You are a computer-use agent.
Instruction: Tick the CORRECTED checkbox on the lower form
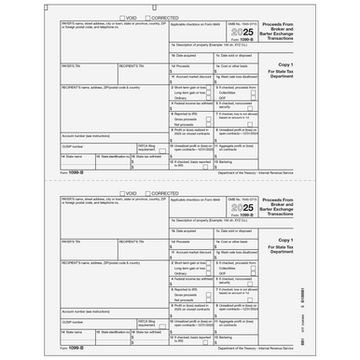click(147, 193)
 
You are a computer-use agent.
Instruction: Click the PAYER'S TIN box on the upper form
click(89, 76)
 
